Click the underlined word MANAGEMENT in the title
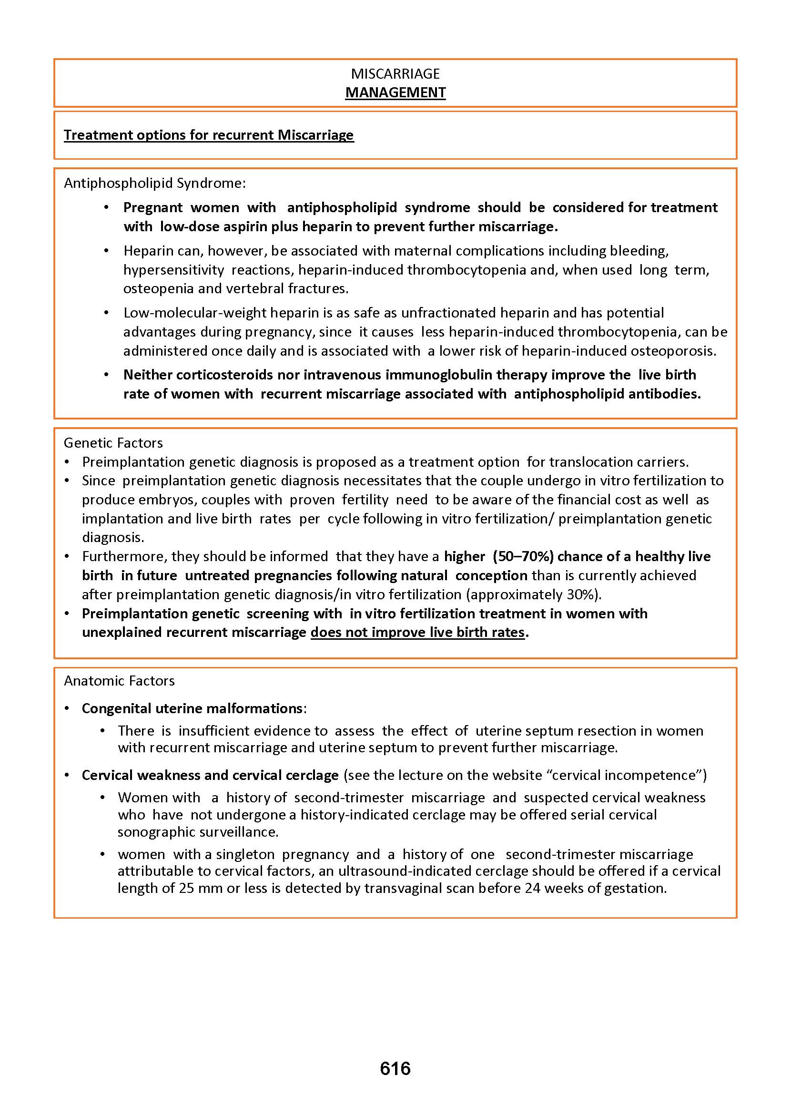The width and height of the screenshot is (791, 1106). [x=395, y=92]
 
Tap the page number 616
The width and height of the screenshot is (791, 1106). [x=395, y=1068]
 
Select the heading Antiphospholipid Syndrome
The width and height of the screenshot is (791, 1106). [x=155, y=183]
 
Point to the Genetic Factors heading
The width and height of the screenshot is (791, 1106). [x=113, y=443]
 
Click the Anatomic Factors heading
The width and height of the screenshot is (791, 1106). [x=119, y=681]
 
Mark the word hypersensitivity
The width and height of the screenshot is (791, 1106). [x=173, y=270]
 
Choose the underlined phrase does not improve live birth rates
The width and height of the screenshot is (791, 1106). [x=417, y=633]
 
